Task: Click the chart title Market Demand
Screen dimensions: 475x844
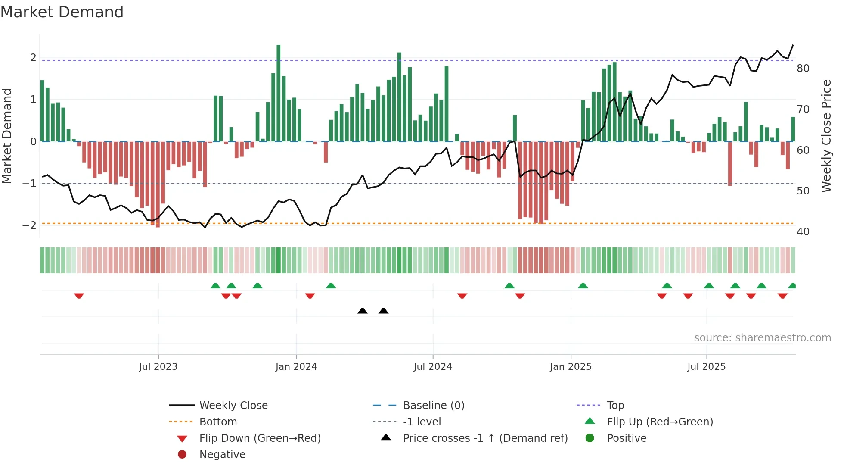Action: click(62, 12)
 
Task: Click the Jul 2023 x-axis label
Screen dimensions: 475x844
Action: click(158, 367)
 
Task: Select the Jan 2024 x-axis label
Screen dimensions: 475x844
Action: click(296, 367)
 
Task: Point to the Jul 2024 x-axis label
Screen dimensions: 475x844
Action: click(433, 367)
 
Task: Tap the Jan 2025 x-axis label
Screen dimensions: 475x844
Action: click(571, 367)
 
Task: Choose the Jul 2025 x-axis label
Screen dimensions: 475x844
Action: click(706, 367)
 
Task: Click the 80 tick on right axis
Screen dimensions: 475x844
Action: click(803, 69)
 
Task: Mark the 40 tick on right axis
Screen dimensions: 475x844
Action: click(803, 232)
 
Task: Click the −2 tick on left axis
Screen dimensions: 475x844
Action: click(29, 225)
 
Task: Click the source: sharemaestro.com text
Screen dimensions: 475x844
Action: click(762, 338)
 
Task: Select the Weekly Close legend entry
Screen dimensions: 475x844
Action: click(233, 406)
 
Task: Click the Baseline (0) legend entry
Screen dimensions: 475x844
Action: click(433, 406)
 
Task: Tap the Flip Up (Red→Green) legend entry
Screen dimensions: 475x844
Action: click(660, 422)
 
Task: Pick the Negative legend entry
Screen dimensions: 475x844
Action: click(222, 455)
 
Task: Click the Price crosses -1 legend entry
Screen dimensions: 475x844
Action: click(485, 438)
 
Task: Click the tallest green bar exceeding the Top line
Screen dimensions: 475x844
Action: click(279, 93)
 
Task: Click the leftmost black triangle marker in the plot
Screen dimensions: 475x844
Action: click(363, 311)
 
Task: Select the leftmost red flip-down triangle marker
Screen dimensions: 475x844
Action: click(79, 296)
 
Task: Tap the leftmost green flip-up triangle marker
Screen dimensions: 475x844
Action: click(215, 286)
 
